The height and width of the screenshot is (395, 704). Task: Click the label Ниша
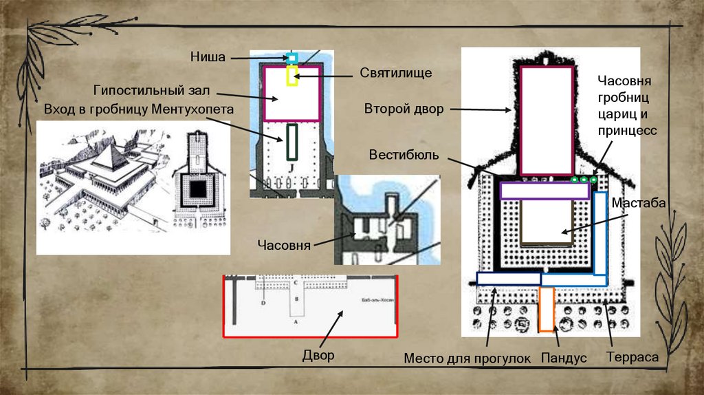pyautogui.click(x=208, y=57)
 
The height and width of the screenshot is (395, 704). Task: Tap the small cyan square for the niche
pyautogui.click(x=291, y=58)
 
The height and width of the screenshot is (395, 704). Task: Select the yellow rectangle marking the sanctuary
pyautogui.click(x=292, y=76)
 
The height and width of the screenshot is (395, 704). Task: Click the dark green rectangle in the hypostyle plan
pyautogui.click(x=292, y=142)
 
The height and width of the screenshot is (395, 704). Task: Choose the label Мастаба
pyautogui.click(x=632, y=203)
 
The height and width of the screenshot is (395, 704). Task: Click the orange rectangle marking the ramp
pyautogui.click(x=547, y=309)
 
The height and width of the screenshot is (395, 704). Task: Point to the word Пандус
pyautogui.click(x=566, y=359)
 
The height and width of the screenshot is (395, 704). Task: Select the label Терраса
pyautogui.click(x=633, y=358)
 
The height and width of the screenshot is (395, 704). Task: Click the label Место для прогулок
pyautogui.click(x=467, y=359)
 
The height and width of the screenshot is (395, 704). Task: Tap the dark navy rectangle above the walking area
pyautogui.click(x=508, y=279)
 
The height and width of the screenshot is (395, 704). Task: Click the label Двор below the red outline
pyautogui.click(x=318, y=356)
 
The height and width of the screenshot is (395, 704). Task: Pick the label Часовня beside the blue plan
pyautogui.click(x=281, y=245)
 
